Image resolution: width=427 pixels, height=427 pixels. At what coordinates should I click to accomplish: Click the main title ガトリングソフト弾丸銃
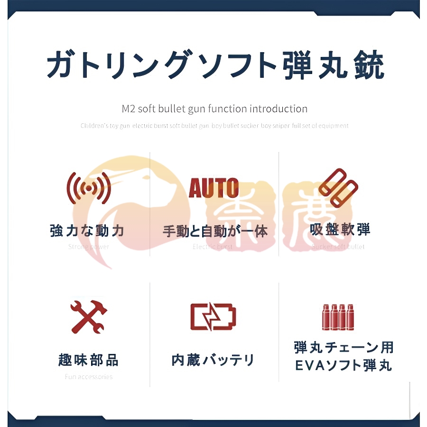pyautogui.click(x=215, y=65)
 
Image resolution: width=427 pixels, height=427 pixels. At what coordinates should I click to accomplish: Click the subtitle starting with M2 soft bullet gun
pyautogui.click(x=214, y=109)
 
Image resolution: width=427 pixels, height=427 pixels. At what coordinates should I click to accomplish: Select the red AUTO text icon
pyautogui.click(x=213, y=188)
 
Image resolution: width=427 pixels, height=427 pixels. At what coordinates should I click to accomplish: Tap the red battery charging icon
pyautogui.click(x=213, y=316)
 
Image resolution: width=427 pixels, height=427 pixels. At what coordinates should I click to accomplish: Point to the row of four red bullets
pyautogui.click(x=337, y=317)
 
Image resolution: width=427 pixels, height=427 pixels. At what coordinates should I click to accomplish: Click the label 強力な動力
pyautogui.click(x=87, y=231)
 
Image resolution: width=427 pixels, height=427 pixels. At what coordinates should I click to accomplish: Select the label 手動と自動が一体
pyautogui.click(x=215, y=231)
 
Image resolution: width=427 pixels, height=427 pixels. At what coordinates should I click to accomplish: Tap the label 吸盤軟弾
pyautogui.click(x=340, y=230)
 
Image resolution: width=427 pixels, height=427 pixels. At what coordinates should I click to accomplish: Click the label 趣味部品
pyautogui.click(x=89, y=360)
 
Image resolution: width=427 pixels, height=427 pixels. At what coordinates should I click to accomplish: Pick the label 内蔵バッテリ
pyautogui.click(x=213, y=360)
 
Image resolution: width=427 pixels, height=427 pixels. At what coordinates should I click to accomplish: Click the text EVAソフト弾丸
pyautogui.click(x=343, y=366)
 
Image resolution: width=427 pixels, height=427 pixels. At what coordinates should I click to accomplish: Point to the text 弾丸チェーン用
pyautogui.click(x=343, y=348)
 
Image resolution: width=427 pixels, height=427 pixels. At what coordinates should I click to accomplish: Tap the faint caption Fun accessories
pyautogui.click(x=89, y=377)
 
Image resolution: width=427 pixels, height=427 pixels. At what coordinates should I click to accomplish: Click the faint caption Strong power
pyautogui.click(x=89, y=247)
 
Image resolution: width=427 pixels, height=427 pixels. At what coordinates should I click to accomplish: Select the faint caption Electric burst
pyautogui.click(x=213, y=247)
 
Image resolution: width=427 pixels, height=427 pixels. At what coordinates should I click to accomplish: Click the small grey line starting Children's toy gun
pyautogui.click(x=214, y=126)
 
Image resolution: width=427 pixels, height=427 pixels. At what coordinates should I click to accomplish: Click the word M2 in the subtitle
pyautogui.click(x=129, y=109)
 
